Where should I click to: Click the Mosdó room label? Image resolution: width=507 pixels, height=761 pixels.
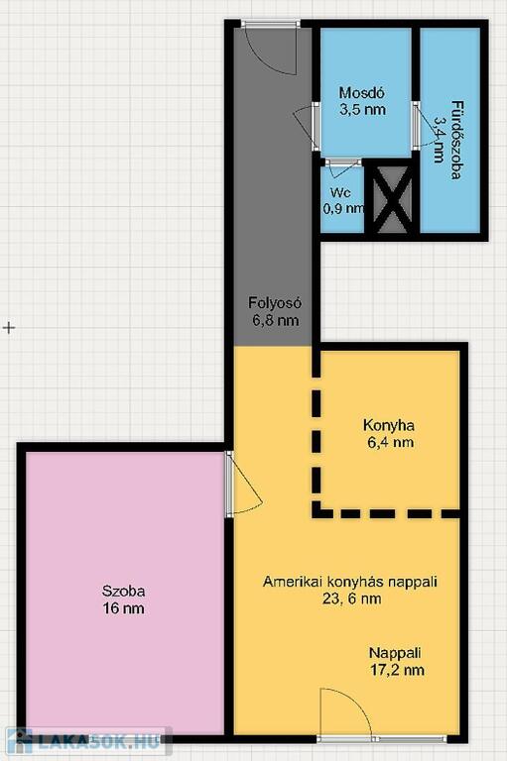coord(362,92)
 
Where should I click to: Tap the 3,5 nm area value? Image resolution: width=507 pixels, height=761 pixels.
coord(362,110)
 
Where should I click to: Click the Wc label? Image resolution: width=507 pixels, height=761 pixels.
coord(340,192)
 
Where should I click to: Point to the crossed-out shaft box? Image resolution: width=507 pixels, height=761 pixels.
coord(392,198)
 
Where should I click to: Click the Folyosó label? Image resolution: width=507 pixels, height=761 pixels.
coord(275,303)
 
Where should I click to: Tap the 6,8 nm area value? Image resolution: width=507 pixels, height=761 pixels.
coord(275,320)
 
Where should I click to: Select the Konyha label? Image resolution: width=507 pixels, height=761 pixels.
coord(388,426)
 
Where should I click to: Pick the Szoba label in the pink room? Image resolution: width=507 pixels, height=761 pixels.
coord(123,592)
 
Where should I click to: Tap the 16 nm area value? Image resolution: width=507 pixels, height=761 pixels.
coord(123,608)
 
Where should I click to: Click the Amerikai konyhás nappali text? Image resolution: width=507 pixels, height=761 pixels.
coord(350,582)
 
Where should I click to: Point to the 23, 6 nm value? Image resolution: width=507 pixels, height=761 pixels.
coord(351,598)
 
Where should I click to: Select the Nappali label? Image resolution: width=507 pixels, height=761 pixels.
coord(395,653)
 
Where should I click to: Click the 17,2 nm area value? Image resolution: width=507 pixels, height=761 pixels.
coord(397,670)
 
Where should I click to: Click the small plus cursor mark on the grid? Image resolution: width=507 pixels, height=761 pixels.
coord(9,328)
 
